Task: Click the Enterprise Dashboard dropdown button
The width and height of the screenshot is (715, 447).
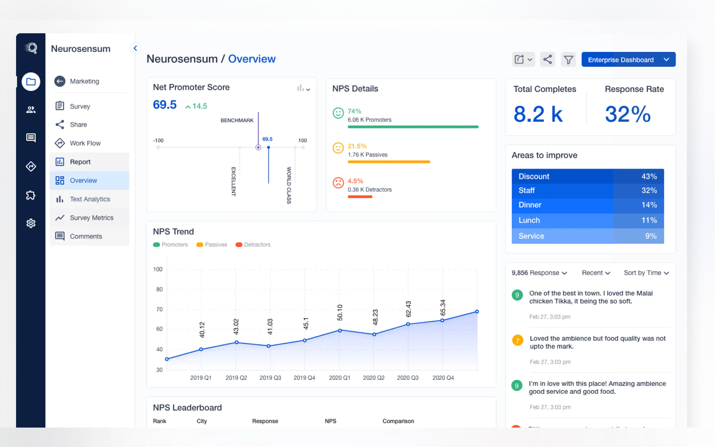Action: (628, 59)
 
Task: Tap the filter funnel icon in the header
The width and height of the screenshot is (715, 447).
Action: (568, 59)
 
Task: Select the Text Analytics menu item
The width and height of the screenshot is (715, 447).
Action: (90, 199)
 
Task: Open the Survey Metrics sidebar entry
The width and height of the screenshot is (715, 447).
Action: (91, 218)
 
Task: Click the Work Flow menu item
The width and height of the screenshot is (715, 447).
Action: (85, 143)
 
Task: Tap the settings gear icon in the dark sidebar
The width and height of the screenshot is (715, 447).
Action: (31, 223)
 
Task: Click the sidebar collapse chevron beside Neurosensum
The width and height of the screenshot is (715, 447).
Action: (135, 48)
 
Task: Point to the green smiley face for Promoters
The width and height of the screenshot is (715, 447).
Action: (338, 113)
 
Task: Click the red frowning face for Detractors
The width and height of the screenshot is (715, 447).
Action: (338, 183)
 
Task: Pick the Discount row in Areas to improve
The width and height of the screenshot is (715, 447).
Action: (587, 176)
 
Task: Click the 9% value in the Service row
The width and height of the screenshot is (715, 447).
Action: (651, 236)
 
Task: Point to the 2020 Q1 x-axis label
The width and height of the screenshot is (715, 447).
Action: (339, 378)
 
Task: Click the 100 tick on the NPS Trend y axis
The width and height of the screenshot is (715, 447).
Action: (158, 269)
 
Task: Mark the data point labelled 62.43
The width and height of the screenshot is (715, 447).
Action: (408, 324)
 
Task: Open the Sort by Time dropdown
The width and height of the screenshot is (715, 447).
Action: (646, 273)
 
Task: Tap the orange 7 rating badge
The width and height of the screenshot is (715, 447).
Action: (517, 341)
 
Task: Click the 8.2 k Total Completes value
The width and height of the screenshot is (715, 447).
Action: (538, 114)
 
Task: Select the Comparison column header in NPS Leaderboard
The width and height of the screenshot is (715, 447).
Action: (398, 421)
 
